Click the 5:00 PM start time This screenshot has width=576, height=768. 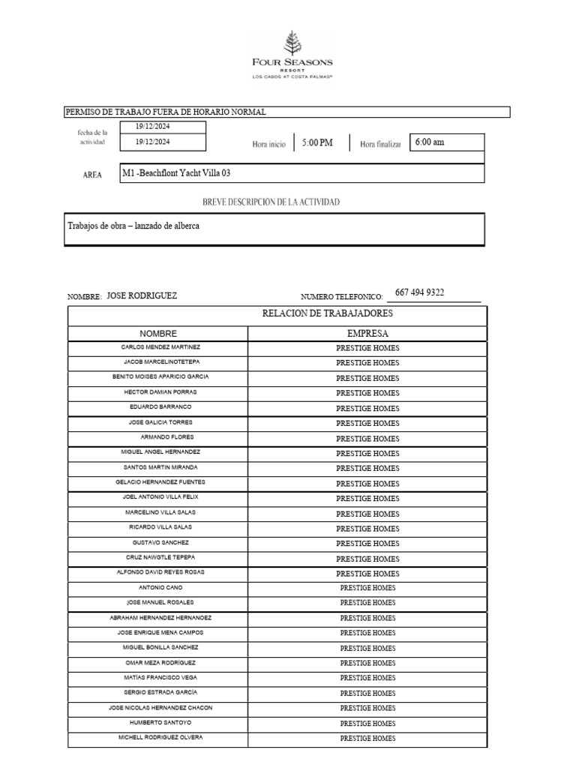point(317,142)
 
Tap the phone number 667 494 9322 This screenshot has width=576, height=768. point(419,292)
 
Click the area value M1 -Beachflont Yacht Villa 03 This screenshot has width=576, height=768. point(176,173)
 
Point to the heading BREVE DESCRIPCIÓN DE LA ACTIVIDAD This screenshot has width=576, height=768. point(271,202)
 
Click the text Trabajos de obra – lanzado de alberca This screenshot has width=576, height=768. point(133,226)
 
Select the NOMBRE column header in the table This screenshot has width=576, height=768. point(158,333)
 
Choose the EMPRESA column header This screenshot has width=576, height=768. point(367,333)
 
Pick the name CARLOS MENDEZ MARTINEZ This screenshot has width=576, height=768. point(160,347)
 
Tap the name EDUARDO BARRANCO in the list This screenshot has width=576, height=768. point(160,406)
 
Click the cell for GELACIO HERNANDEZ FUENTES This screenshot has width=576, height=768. point(160,482)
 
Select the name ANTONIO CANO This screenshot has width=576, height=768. point(160,587)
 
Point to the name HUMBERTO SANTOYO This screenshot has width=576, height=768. point(160,722)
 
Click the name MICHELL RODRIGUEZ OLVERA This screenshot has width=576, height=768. point(160,737)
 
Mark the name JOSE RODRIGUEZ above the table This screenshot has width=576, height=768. point(142,295)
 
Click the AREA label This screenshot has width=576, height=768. point(92,175)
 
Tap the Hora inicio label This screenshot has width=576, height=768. point(268,144)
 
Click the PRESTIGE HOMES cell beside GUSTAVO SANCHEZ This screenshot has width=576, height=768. point(367,543)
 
